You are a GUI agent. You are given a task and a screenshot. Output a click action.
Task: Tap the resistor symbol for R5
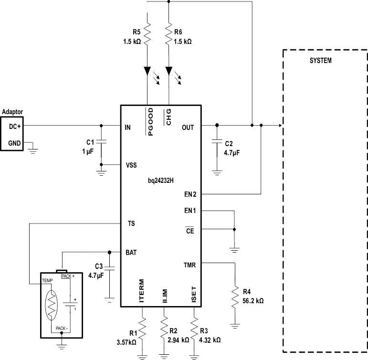click(x=147, y=34)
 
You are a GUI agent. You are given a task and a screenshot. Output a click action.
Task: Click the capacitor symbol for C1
click(x=101, y=142)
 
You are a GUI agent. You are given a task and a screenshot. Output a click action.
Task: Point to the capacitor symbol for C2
click(x=217, y=142)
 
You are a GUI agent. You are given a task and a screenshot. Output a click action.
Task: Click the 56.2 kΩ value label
click(x=253, y=301)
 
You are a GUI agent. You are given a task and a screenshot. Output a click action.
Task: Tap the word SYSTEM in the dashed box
click(x=321, y=61)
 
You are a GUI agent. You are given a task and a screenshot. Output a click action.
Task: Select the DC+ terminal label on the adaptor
click(x=15, y=126)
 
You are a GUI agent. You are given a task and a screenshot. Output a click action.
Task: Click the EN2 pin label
click(x=190, y=194)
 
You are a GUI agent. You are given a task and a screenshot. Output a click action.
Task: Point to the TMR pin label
click(x=190, y=264)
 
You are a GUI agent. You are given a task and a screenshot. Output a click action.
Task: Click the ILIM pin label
click(x=164, y=294)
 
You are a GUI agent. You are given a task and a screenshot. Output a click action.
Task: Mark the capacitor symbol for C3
click(x=109, y=269)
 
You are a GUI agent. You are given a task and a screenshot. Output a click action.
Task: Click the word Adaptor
click(x=12, y=112)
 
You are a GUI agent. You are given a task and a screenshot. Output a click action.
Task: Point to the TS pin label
click(x=131, y=223)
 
